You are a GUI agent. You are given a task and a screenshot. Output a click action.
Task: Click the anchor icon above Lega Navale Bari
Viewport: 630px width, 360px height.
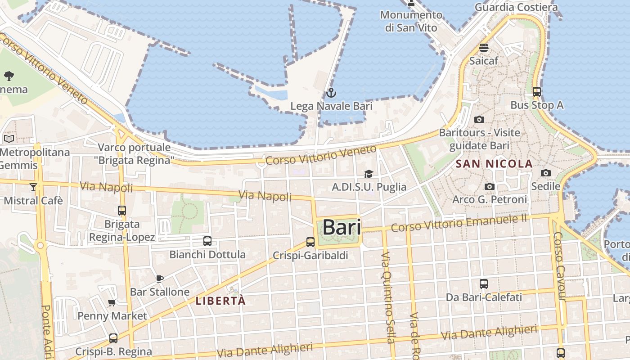[331, 93]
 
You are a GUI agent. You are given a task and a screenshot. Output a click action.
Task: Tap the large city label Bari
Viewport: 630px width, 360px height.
[342, 228]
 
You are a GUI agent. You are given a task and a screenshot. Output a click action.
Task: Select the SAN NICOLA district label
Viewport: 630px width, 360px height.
[494, 164]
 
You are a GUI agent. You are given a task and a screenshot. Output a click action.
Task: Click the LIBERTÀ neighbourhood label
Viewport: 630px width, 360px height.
[220, 301]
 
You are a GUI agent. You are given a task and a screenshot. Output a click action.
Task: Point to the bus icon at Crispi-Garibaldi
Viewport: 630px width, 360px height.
[310, 242]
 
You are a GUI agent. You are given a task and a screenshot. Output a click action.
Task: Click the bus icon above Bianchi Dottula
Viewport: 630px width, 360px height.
[207, 241]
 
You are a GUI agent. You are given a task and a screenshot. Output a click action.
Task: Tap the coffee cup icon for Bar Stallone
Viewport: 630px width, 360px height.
[159, 279]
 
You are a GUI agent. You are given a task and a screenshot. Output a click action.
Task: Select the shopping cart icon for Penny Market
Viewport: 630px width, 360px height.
[112, 302]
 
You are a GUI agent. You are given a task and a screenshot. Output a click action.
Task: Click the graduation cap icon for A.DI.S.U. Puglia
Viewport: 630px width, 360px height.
[369, 174]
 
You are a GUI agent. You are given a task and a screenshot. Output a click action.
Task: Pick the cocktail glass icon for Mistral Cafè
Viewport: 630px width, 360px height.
[33, 187]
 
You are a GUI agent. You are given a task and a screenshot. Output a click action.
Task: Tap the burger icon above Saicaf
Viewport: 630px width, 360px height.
[484, 47]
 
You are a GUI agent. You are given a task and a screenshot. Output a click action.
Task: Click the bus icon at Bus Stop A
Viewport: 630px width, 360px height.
[536, 92]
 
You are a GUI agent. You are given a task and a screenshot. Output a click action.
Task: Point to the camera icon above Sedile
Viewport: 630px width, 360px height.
[546, 173]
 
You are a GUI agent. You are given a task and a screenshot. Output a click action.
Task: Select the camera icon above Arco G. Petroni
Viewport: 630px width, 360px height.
[490, 186]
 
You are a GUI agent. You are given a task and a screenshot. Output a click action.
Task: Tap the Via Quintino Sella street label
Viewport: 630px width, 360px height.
[388, 297]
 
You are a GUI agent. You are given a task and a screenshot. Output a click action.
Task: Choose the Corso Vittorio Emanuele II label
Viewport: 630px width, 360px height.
[459, 223]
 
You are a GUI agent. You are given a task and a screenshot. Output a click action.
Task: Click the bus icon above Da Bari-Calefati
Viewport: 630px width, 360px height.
[484, 284]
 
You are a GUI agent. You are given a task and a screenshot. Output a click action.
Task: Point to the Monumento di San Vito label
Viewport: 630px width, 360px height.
[411, 21]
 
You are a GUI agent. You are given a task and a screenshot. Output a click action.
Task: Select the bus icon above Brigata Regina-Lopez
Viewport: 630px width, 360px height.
[121, 210]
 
